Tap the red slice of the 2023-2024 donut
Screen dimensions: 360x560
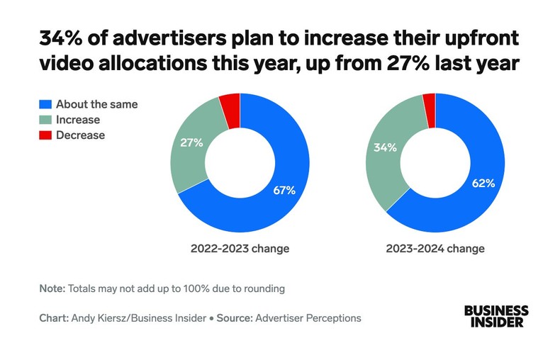coord(429,102)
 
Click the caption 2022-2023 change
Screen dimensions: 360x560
coord(240,249)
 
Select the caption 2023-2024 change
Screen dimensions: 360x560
coord(436,249)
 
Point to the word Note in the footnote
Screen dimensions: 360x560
coord(52,288)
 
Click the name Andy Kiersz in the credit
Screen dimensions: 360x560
coord(99,318)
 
